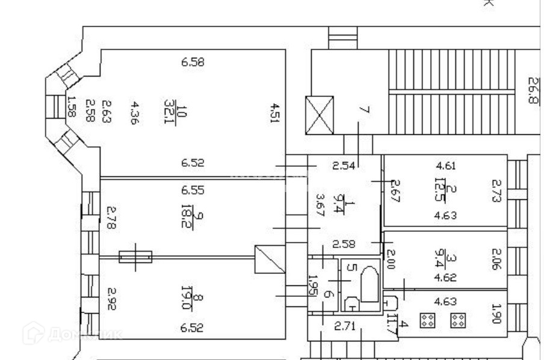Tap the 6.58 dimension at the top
pyautogui.click(x=193, y=61)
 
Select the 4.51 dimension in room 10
pyautogui.click(x=274, y=113)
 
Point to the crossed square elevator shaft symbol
pyautogui.click(x=320, y=115)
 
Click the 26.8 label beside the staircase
pyautogui.click(x=533, y=90)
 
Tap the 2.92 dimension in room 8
pyautogui.click(x=111, y=299)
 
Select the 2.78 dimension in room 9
pyautogui.click(x=111, y=217)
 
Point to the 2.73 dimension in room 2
pyautogui.click(x=496, y=191)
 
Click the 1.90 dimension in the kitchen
pyautogui.click(x=496, y=313)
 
